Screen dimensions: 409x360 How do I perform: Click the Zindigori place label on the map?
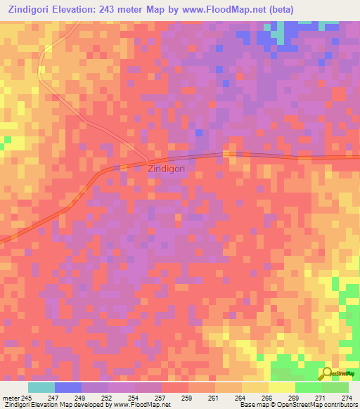168,169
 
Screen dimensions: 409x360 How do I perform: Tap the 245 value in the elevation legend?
27,397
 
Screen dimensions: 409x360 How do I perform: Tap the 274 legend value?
347,397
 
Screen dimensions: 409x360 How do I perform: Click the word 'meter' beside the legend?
10,397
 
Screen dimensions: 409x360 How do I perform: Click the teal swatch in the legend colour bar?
41,387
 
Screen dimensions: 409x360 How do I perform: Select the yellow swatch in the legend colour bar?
281,387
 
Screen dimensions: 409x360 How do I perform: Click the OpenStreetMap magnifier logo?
326,375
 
